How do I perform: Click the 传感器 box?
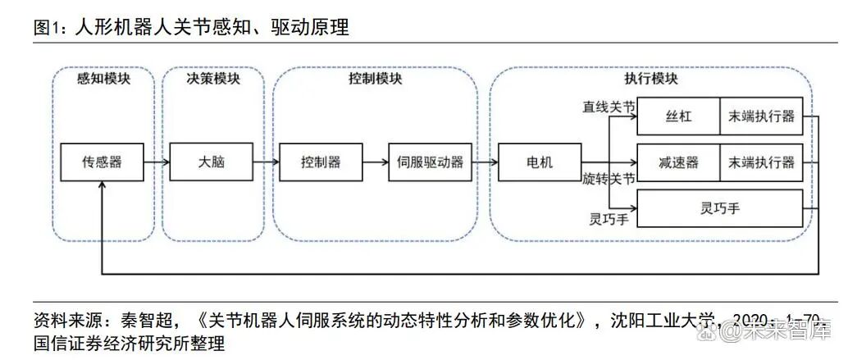pyautogui.click(x=102, y=162)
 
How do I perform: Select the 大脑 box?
pyautogui.click(x=211, y=162)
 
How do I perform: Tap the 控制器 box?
pyautogui.click(x=321, y=162)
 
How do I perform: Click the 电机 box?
pyautogui.click(x=539, y=162)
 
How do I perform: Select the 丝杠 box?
pyautogui.click(x=678, y=116)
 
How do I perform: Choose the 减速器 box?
pyautogui.click(x=678, y=162)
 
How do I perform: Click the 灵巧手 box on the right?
pyautogui.click(x=719, y=208)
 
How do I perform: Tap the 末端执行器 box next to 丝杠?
pyautogui.click(x=761, y=116)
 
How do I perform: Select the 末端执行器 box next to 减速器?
pyautogui.click(x=761, y=162)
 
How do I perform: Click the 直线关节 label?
pyautogui.click(x=609, y=107)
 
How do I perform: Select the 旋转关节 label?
pyautogui.click(x=609, y=178)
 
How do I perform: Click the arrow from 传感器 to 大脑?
pyautogui.click(x=156, y=162)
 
